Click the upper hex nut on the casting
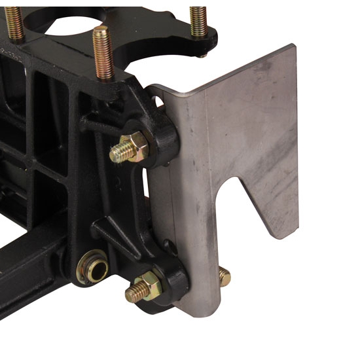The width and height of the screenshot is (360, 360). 137,147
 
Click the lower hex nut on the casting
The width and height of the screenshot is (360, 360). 149,285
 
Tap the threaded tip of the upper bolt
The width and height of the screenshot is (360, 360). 118,153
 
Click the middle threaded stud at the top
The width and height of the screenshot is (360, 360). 103,52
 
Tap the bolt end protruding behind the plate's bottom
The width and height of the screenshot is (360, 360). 225,277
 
